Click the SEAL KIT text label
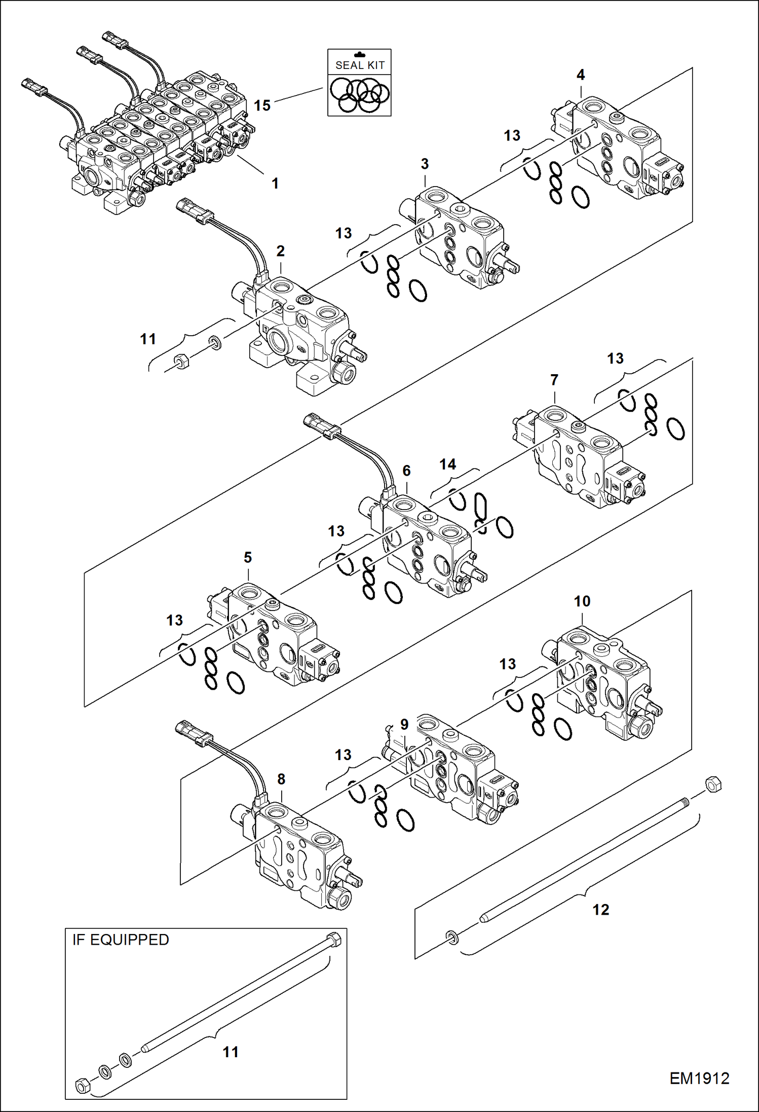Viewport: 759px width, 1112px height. click(360, 65)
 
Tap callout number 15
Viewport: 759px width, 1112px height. click(262, 105)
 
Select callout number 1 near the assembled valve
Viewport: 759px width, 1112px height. click(275, 183)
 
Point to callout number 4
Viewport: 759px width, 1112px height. click(581, 75)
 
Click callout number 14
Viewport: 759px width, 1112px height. click(447, 464)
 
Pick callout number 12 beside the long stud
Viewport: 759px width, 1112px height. click(601, 910)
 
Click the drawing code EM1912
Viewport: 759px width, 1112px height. click(699, 1078)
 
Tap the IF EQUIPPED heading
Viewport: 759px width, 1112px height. click(121, 940)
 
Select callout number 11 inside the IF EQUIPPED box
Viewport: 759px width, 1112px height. click(231, 1052)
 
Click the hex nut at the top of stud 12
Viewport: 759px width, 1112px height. click(713, 784)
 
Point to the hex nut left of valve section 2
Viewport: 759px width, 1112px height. click(181, 362)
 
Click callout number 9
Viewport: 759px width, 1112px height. click(404, 725)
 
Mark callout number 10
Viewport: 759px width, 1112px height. click(582, 601)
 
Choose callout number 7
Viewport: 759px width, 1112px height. click(554, 380)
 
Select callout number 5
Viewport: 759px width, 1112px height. click(247, 558)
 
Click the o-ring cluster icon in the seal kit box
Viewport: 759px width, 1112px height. click(359, 95)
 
